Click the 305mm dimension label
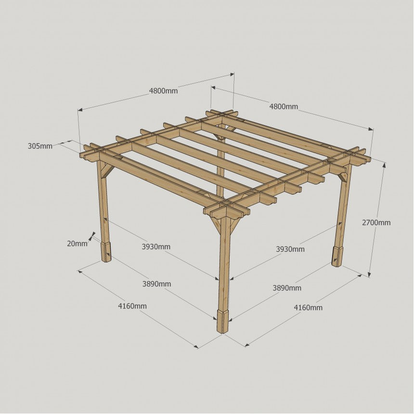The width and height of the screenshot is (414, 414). click(x=40, y=146)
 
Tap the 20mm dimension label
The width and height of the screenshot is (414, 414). click(x=77, y=244)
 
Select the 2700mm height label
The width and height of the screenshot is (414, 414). click(x=376, y=222)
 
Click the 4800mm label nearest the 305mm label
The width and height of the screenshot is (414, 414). click(x=164, y=91)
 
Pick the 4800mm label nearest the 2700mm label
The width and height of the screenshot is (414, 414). click(x=284, y=107)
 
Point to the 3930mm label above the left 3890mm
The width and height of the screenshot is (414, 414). click(x=156, y=247)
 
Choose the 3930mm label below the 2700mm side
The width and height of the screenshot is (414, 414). click(x=290, y=249)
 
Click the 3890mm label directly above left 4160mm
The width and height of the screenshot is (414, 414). click(x=156, y=284)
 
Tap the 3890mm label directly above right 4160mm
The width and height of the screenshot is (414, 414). click(x=287, y=288)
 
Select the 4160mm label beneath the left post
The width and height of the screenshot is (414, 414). click(x=132, y=306)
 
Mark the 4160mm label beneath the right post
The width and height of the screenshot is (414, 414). click(x=308, y=308)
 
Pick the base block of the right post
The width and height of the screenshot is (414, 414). click(x=337, y=256)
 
